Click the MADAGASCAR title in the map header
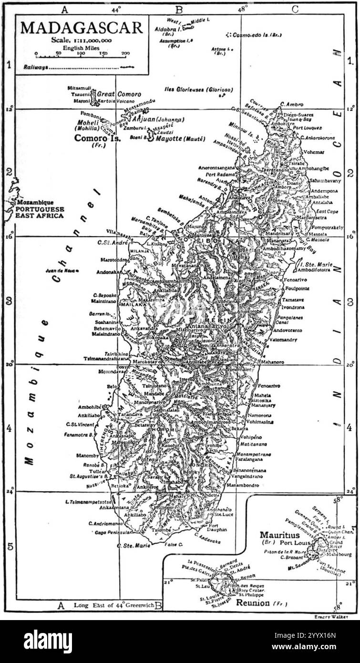(x=82, y=28)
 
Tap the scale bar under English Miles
(x=81, y=57)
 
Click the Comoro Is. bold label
(x=98, y=138)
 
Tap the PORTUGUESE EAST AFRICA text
(x=40, y=212)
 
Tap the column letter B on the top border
(x=179, y=9)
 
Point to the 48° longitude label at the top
(x=243, y=9)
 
